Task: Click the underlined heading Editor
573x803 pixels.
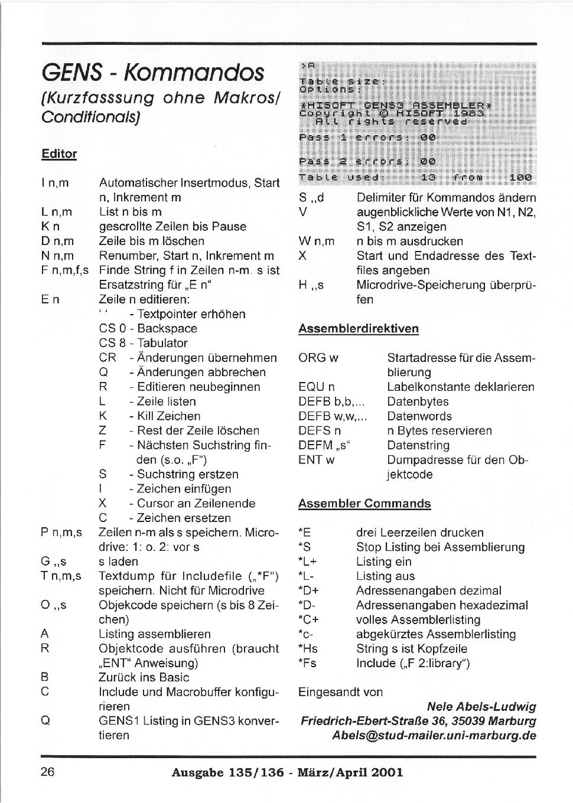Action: pos(59,154)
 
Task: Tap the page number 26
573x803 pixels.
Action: pos(48,771)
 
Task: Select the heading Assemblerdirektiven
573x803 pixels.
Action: pos(359,328)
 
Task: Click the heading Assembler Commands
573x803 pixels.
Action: pos(364,504)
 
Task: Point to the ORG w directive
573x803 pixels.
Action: pos(318,358)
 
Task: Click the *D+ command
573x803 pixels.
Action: pos(308,590)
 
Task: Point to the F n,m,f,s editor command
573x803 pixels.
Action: pos(65,270)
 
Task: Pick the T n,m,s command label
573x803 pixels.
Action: pos(61,576)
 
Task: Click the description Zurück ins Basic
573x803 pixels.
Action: pos(144,677)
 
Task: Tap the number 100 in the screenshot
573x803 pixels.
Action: pos(520,177)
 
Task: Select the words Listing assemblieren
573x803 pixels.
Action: pos(155,634)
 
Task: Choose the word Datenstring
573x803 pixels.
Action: pos(418,445)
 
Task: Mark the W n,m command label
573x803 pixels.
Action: pos(317,241)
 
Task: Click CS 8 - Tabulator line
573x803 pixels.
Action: pos(144,343)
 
